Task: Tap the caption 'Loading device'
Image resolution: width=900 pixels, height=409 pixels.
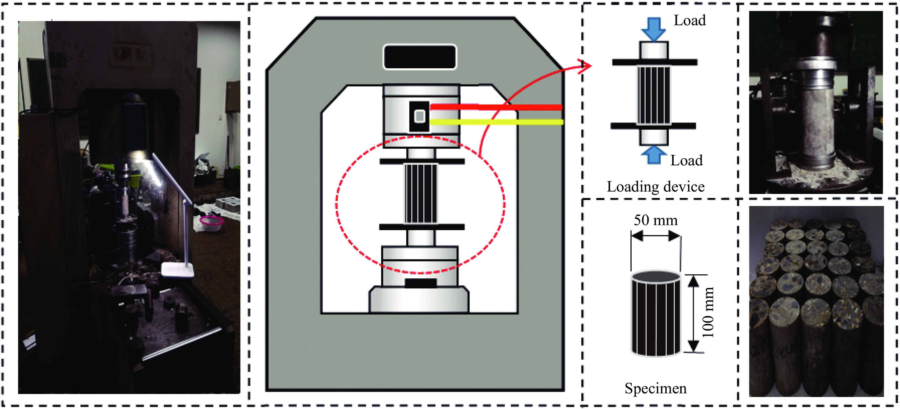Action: point(655,187)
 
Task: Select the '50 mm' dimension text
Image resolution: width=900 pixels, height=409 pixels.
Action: point(655,220)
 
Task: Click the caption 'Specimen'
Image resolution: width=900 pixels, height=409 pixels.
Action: point(655,388)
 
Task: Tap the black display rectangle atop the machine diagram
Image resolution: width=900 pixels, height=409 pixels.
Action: point(420,57)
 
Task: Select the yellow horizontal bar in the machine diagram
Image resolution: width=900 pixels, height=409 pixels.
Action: point(496,122)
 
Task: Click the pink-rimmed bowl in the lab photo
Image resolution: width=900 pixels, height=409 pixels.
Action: point(211,222)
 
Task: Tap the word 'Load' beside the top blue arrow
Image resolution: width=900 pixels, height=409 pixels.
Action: point(690,21)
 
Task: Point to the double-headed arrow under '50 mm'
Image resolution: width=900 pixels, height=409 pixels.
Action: point(656,237)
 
